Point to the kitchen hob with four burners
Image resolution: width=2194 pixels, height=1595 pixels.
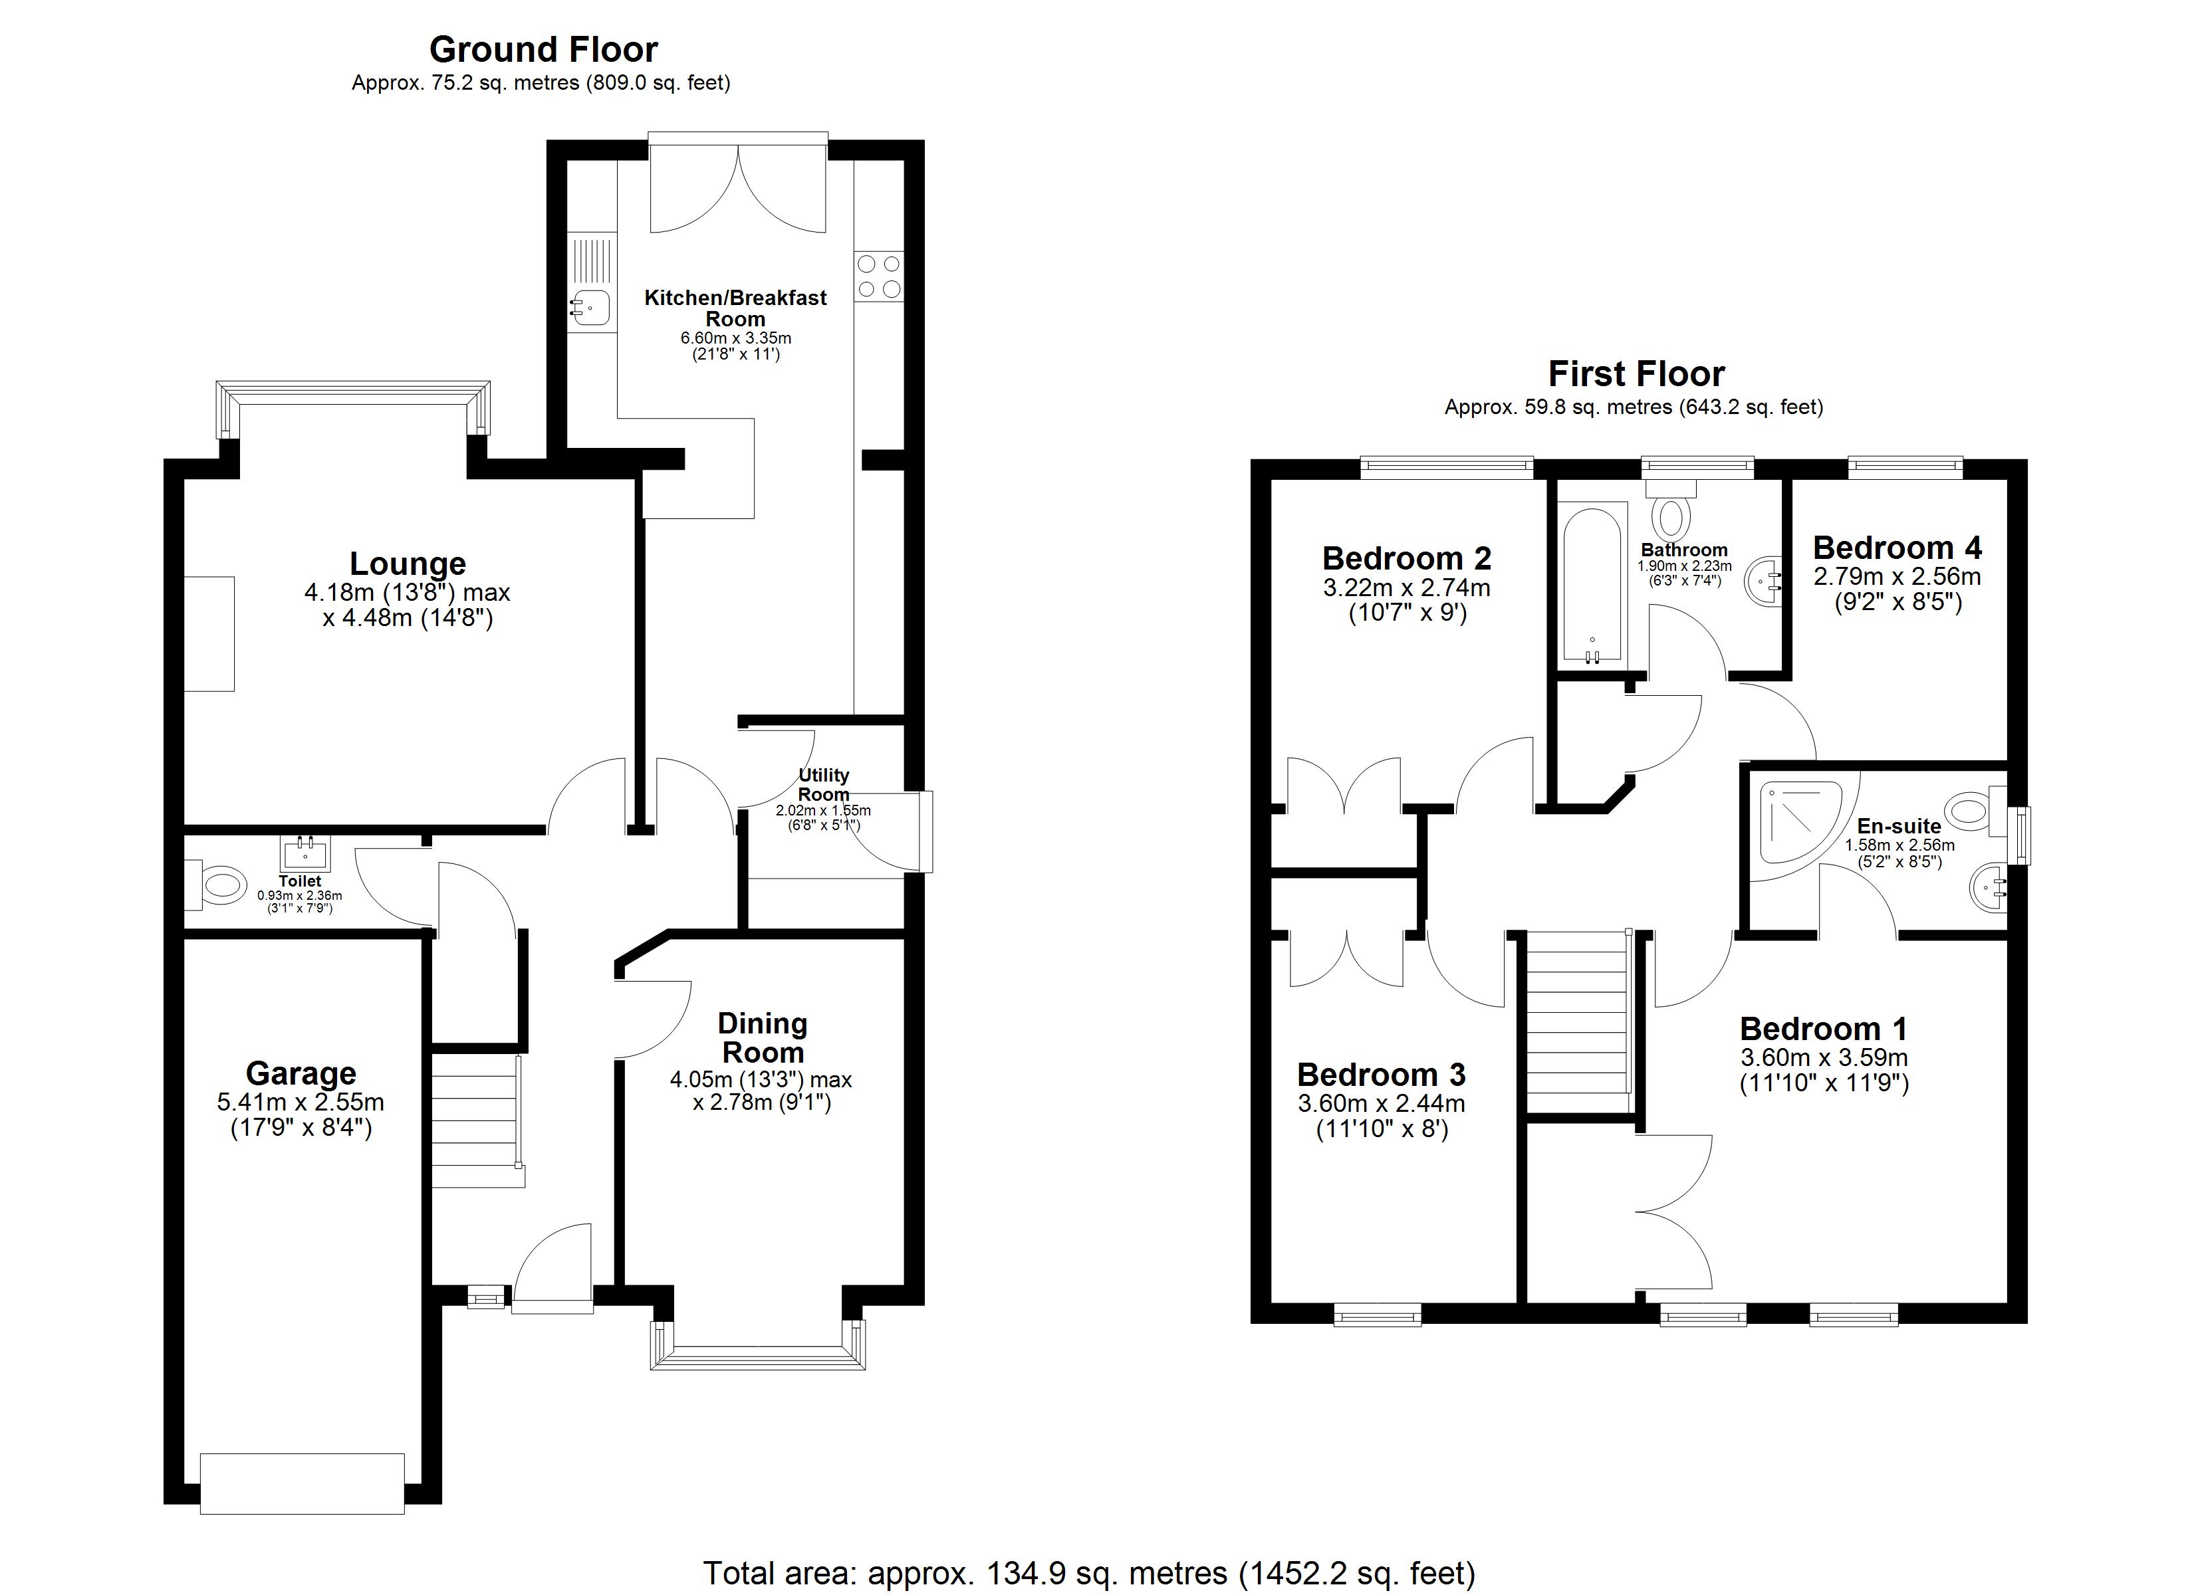tap(878, 276)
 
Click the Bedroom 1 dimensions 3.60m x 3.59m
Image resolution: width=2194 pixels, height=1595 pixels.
tap(1824, 1057)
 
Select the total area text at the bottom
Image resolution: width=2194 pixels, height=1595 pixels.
tap(1089, 1573)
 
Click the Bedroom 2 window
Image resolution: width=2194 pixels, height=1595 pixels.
tap(1446, 468)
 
